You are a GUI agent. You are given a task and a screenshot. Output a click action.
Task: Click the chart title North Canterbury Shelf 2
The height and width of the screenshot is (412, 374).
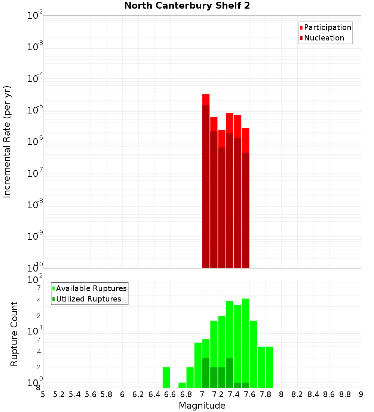point(187,6)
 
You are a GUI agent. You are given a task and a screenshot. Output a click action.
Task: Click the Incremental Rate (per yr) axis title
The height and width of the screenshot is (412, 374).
point(7,142)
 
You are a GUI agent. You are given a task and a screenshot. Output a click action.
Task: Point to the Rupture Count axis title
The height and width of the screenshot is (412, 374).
point(14,333)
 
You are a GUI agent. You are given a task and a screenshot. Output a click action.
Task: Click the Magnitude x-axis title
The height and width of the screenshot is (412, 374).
point(202,406)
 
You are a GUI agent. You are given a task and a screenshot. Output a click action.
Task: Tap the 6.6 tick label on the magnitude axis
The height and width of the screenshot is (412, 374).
point(170,395)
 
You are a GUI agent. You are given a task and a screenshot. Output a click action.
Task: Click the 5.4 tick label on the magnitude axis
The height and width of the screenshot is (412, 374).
point(75,395)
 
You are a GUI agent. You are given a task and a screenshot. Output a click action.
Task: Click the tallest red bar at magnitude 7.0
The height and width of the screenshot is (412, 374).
point(206,180)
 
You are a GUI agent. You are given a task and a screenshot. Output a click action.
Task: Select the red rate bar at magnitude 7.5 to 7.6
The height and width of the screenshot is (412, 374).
point(245,199)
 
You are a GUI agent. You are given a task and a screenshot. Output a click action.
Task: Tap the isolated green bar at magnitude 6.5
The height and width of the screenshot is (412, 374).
point(166,378)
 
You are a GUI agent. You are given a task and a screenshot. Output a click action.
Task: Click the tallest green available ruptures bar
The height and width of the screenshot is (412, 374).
point(245,341)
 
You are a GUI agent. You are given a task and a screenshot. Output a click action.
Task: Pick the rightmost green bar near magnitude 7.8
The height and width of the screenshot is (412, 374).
point(269,367)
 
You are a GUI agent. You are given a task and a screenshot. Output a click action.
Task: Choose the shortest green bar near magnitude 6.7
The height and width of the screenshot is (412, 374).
point(182,385)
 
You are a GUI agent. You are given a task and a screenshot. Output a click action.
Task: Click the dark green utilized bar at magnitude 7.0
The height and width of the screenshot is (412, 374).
point(206,373)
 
